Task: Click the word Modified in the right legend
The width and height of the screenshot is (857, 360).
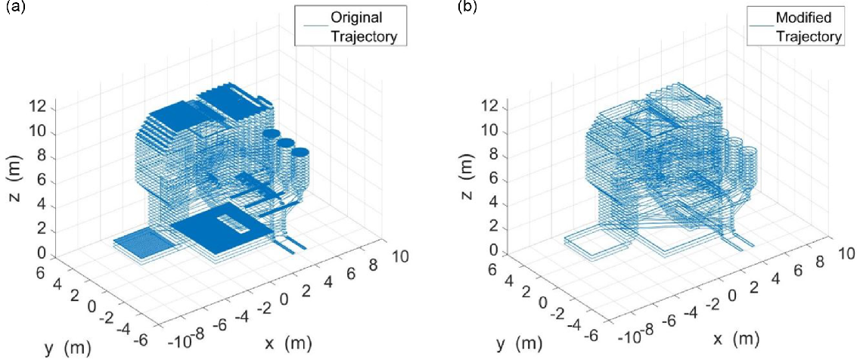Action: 803,18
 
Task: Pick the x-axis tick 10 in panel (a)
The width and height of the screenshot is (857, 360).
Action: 396,255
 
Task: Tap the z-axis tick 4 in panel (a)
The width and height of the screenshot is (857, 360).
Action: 46,206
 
